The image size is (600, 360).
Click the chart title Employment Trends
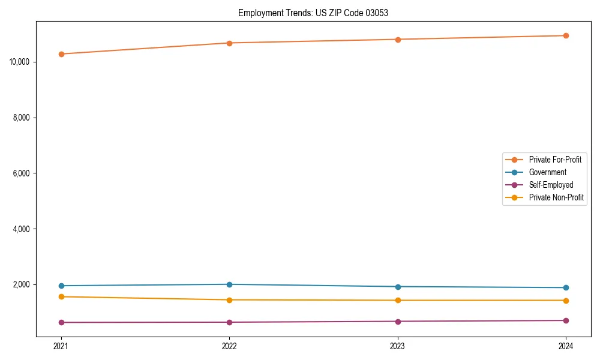313,13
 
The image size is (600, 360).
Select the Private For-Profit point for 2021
61,54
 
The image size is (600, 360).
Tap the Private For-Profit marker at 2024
566,35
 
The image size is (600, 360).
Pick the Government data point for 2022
229,284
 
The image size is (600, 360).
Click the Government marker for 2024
566,287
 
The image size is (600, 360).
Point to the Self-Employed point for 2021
61,322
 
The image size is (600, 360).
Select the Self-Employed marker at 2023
398,321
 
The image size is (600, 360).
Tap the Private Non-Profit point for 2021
61,296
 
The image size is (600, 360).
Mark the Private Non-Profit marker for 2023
398,300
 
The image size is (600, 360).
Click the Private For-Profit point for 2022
229,43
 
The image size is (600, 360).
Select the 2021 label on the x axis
61,346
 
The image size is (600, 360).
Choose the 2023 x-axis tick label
398,346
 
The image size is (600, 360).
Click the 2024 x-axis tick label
566,346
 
